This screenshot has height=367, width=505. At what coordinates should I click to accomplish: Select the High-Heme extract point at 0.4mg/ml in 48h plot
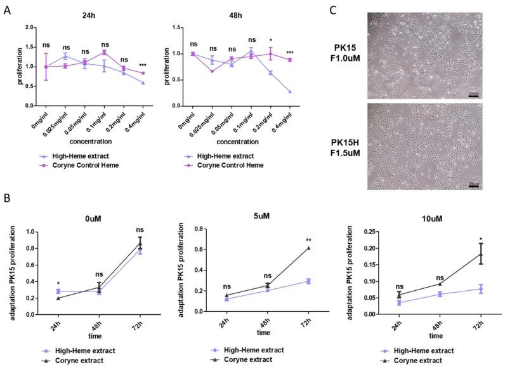pyautogui.click(x=290, y=92)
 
